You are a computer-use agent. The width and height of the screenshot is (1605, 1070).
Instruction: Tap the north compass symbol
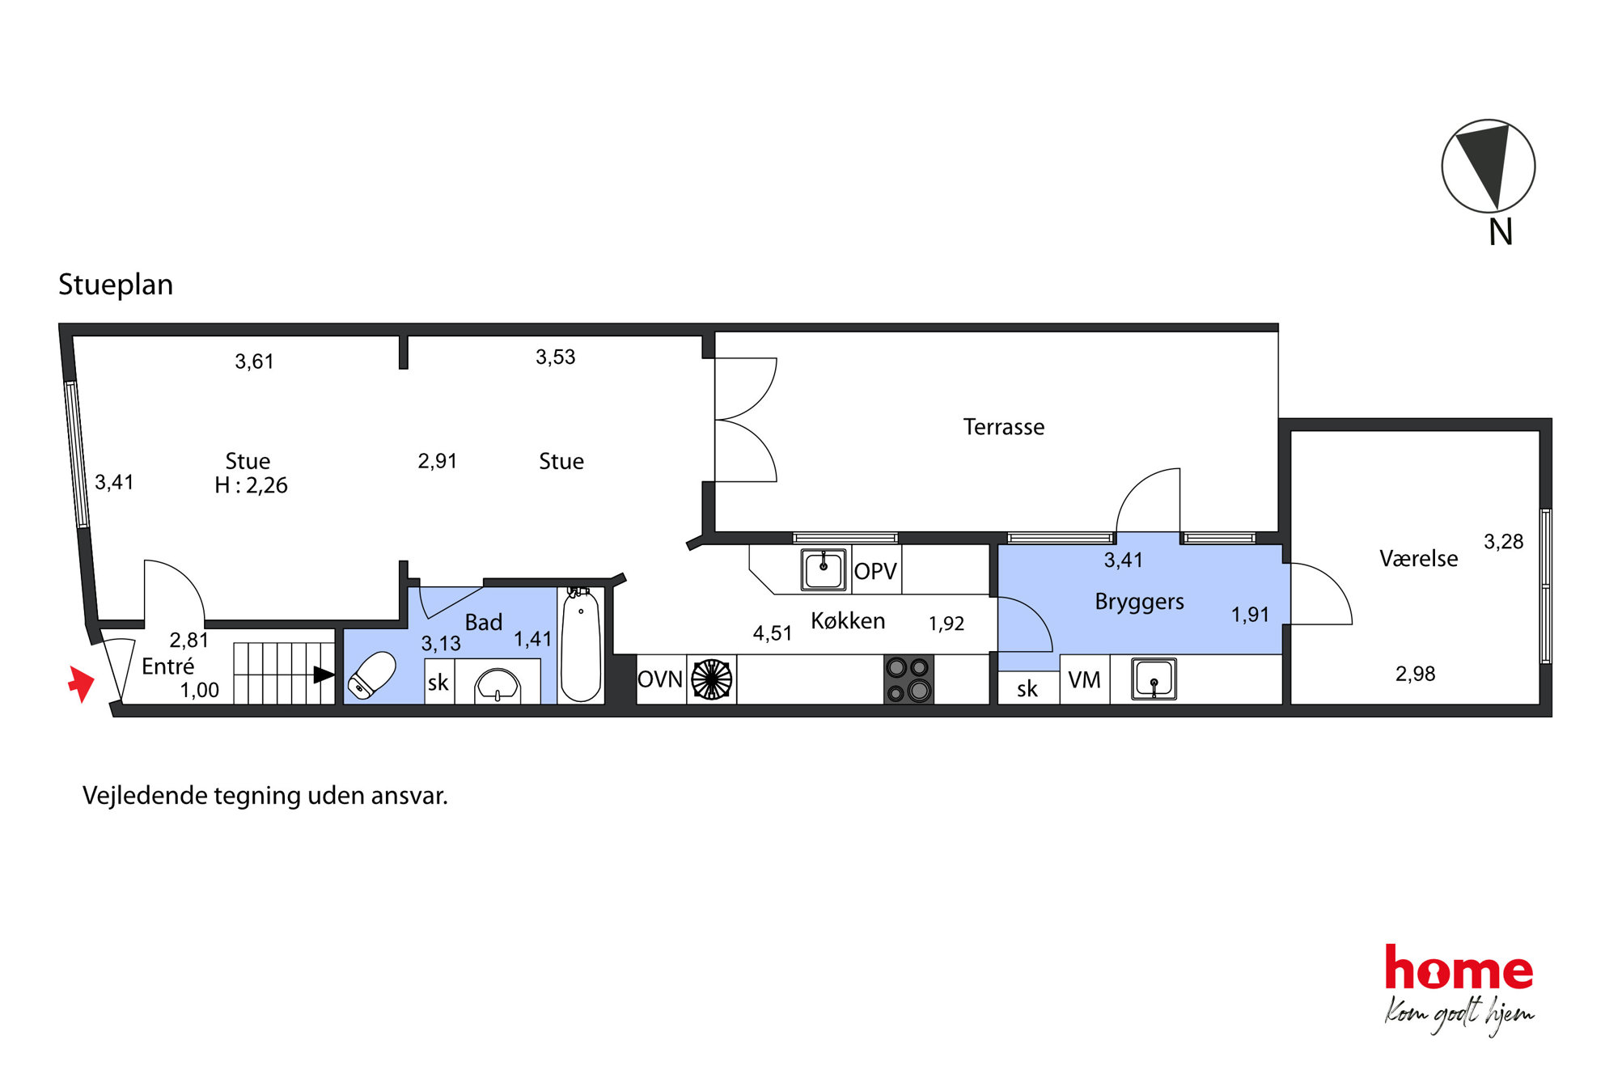(x=1489, y=167)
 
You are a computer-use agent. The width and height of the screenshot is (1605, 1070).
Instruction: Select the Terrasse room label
(x=1004, y=427)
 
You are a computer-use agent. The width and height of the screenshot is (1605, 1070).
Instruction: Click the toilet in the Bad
(x=371, y=675)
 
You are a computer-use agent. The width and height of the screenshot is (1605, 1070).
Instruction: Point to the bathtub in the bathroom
(x=581, y=645)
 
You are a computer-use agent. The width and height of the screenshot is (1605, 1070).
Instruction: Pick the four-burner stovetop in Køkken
(x=908, y=679)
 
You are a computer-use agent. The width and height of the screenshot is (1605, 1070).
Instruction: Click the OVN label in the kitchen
(x=660, y=679)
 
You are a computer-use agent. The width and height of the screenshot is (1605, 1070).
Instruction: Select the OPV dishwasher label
(x=875, y=572)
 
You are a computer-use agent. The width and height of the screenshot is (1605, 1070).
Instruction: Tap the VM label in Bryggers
(x=1084, y=680)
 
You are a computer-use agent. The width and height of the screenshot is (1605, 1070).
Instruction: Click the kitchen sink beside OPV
(x=824, y=569)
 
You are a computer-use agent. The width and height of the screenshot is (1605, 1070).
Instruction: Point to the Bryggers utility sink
(x=1154, y=679)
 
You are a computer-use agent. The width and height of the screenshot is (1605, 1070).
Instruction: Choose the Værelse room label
(x=1419, y=559)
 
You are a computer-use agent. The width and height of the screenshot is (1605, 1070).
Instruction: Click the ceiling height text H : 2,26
(x=251, y=485)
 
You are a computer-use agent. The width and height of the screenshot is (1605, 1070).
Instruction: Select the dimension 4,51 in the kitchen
(x=773, y=633)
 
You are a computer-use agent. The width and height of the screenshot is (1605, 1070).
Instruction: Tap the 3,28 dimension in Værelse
(x=1504, y=542)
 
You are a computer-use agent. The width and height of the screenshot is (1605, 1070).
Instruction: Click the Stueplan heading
(x=116, y=285)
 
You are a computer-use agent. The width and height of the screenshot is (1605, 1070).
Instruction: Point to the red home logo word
(x=1459, y=967)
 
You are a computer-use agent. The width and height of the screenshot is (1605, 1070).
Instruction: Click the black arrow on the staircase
(x=324, y=675)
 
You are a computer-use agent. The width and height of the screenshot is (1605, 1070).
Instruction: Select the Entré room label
(x=168, y=666)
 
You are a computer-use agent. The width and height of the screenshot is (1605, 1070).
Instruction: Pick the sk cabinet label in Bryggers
(x=1027, y=689)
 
